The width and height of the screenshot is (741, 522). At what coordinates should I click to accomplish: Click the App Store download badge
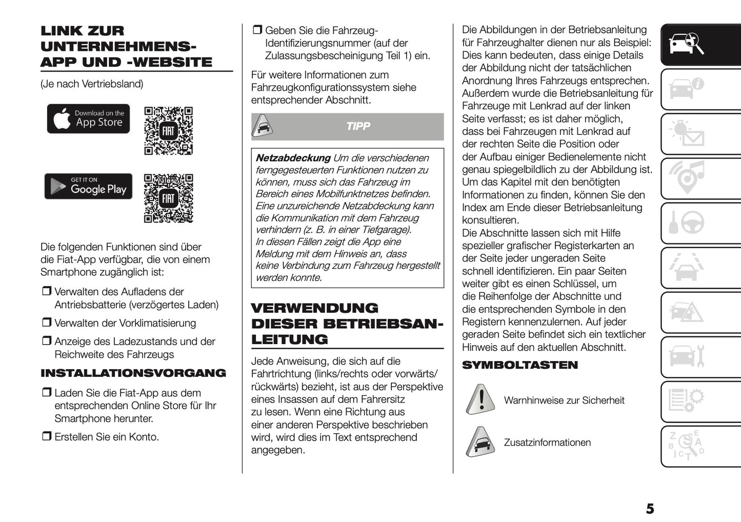pyautogui.click(x=88, y=119)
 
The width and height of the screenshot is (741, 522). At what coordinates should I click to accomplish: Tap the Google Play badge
pyautogui.click(x=88, y=186)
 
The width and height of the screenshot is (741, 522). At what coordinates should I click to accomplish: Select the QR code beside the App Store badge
pyautogui.click(x=168, y=131)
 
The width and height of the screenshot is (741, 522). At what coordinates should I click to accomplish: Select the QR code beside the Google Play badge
pyautogui.click(x=168, y=198)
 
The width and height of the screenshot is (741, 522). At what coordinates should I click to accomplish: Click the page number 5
pyautogui.click(x=650, y=509)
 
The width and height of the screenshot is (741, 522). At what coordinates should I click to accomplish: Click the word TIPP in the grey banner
pyautogui.click(x=358, y=127)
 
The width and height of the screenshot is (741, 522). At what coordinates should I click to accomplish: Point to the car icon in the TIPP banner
pyautogui.click(x=262, y=126)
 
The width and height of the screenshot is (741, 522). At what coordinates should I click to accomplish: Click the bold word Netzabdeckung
pyautogui.click(x=293, y=158)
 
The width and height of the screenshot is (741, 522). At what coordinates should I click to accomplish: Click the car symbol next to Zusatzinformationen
pyautogui.click(x=480, y=441)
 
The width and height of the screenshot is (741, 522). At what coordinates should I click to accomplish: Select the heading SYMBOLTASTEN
pyautogui.click(x=519, y=365)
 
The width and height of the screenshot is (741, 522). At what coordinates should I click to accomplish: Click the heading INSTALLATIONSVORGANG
pyautogui.click(x=133, y=373)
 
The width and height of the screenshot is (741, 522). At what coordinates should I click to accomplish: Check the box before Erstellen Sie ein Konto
pyautogui.click(x=47, y=436)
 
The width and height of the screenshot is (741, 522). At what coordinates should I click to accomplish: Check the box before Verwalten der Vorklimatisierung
pyautogui.click(x=47, y=323)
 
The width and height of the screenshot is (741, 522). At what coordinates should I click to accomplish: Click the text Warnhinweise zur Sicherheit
pyautogui.click(x=564, y=400)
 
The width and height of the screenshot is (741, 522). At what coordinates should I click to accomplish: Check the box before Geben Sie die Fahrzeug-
pyautogui.click(x=257, y=30)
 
